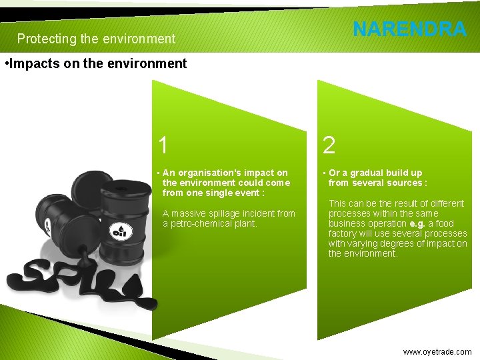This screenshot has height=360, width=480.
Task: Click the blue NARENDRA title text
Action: coord(409,29)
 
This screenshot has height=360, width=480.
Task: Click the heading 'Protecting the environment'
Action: coord(96,39)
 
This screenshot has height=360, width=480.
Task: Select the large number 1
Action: coord(163,145)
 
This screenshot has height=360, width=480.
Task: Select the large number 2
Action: coord(329,145)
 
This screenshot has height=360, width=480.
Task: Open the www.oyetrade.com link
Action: coord(437,351)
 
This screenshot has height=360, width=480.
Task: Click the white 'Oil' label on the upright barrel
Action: coord(120,232)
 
